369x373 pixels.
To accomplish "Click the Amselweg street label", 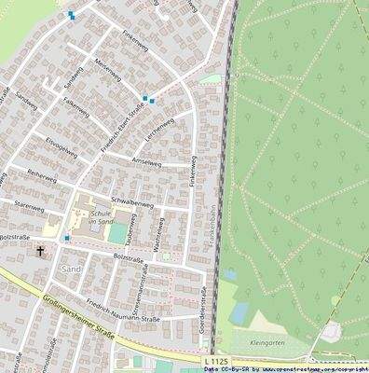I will click(146, 162).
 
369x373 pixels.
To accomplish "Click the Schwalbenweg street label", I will click(131, 200).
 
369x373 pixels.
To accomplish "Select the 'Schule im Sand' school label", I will click(101, 216).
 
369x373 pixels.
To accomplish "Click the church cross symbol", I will click(40, 250).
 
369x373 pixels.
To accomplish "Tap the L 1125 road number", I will click(213, 358).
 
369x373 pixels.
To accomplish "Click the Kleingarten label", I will click(266, 342).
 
